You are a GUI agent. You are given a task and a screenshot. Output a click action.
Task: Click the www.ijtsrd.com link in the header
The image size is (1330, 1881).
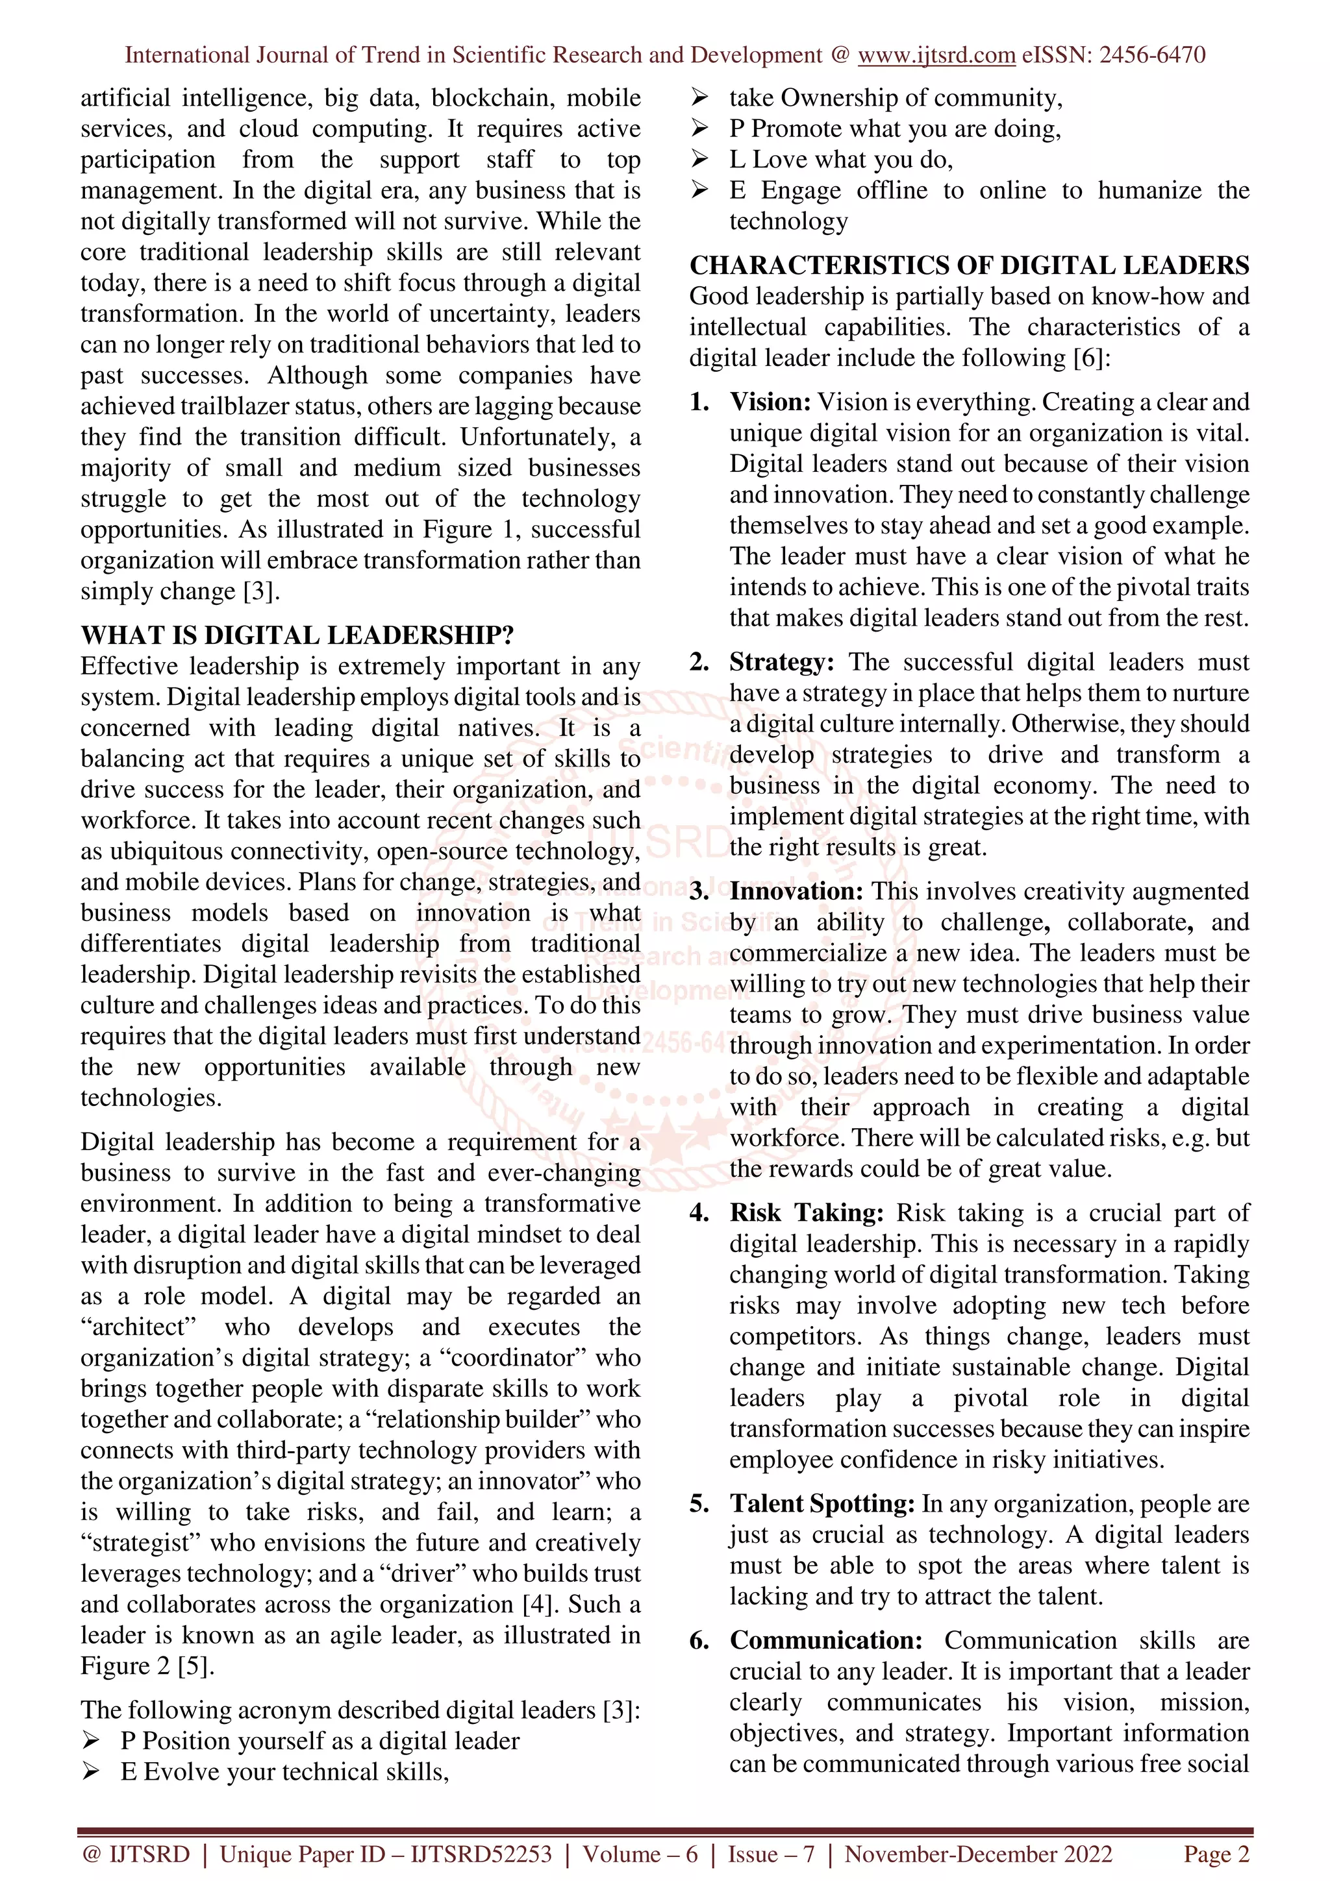click(x=936, y=55)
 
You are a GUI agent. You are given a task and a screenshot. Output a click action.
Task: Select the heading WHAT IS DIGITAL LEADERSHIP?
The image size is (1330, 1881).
click(x=297, y=635)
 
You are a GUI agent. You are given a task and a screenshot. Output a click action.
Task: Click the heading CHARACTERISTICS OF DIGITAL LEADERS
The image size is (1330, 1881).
click(x=969, y=265)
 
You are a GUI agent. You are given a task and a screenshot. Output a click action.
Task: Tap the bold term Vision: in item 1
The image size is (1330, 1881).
click(x=770, y=402)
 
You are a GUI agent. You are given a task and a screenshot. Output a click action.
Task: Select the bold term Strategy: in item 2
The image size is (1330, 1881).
click(x=781, y=662)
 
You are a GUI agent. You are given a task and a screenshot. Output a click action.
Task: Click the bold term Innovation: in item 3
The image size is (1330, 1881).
click(x=796, y=891)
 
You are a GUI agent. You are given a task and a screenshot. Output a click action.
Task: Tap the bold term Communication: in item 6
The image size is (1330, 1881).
click(x=825, y=1641)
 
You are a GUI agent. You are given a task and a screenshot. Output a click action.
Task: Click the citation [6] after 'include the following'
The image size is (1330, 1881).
click(x=1088, y=358)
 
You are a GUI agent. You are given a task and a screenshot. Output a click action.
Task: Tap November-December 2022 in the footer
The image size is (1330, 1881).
click(x=979, y=1854)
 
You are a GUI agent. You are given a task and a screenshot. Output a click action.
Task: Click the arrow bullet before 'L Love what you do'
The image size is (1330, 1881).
click(x=699, y=159)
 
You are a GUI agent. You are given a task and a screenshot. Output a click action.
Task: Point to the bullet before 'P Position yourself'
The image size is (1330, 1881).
click(x=90, y=1741)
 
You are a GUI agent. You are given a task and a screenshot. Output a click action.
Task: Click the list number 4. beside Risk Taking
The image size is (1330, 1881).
click(x=699, y=1213)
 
